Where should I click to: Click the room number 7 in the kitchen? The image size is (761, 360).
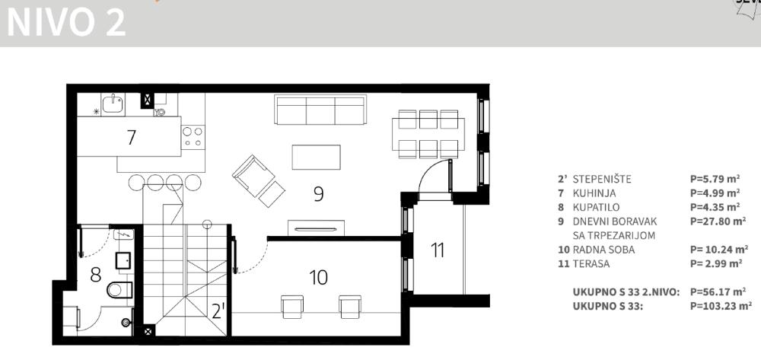coord(132,137)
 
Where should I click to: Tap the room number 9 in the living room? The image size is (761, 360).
coord(318,194)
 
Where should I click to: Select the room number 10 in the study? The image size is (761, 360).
coord(318,278)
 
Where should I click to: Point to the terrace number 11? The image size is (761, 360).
coord(438,250)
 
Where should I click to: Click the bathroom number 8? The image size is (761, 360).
coord(96,275)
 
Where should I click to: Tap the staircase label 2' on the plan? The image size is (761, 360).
coord(218,311)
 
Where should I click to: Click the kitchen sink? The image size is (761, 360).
coord(113,104)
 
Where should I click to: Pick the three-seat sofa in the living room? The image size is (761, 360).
coord(320,110)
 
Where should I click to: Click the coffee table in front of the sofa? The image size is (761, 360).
coord(316,158)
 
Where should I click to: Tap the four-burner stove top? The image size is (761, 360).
coord(193,137)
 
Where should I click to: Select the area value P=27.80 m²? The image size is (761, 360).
coord(718,221)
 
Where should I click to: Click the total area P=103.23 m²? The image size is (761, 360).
coord(721,306)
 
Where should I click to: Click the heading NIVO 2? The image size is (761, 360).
coord(66,22)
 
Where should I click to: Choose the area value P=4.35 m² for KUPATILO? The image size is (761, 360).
coord(715,207)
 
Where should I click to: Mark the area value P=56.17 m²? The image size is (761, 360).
coord(718,292)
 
